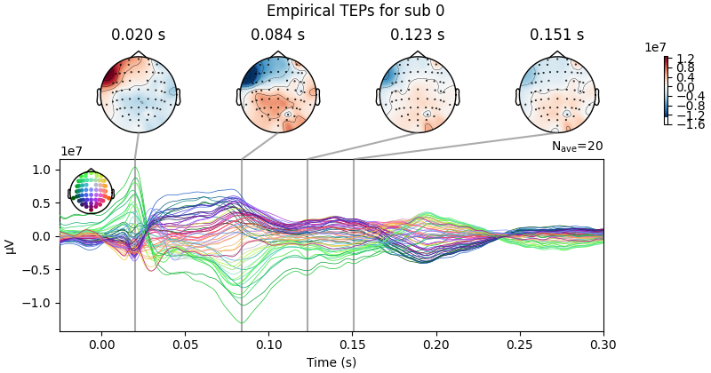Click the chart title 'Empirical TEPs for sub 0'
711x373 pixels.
pyautogui.click(x=355, y=12)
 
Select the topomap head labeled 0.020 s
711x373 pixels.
pyautogui.click(x=138, y=94)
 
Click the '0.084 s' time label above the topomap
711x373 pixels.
pyautogui.click(x=277, y=36)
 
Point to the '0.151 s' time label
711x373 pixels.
pyautogui.click(x=556, y=36)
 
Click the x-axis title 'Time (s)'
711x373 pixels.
pyautogui.click(x=332, y=362)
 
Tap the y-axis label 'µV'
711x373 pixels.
pyautogui.click(x=11, y=246)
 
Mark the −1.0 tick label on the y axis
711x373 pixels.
pyautogui.click(x=38, y=303)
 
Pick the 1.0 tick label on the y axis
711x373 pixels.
pyautogui.click(x=42, y=170)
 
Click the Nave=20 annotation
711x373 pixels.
pyautogui.click(x=577, y=147)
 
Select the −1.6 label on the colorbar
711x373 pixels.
pyautogui.click(x=686, y=124)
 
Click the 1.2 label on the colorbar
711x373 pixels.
pyautogui.click(x=684, y=59)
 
